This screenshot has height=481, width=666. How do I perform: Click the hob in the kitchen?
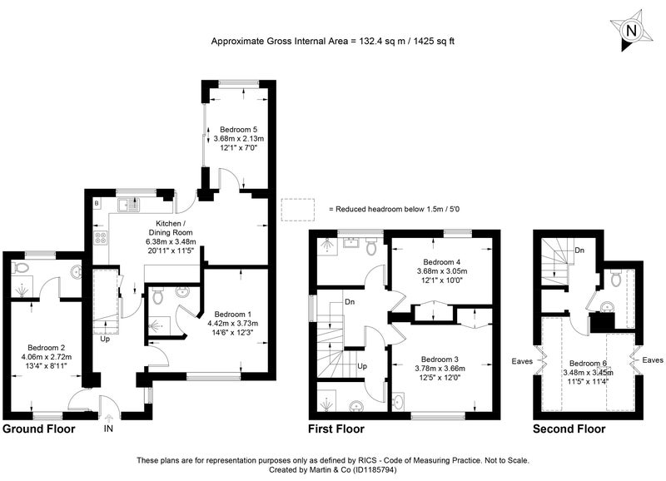click(x=101, y=238)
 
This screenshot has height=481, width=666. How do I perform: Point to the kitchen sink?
click(x=129, y=206)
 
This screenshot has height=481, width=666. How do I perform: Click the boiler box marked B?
click(x=97, y=203)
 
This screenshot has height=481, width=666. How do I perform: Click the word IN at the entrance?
click(x=108, y=429)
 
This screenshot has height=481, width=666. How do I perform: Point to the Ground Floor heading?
click(x=38, y=429)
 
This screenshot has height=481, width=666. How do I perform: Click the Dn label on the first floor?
click(x=350, y=302)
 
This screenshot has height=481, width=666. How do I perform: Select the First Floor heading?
click(x=336, y=429)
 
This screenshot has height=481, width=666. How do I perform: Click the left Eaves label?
click(x=522, y=361)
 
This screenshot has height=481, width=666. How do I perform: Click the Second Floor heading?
click(x=569, y=429)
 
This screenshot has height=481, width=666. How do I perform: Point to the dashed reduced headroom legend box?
click(x=298, y=210)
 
